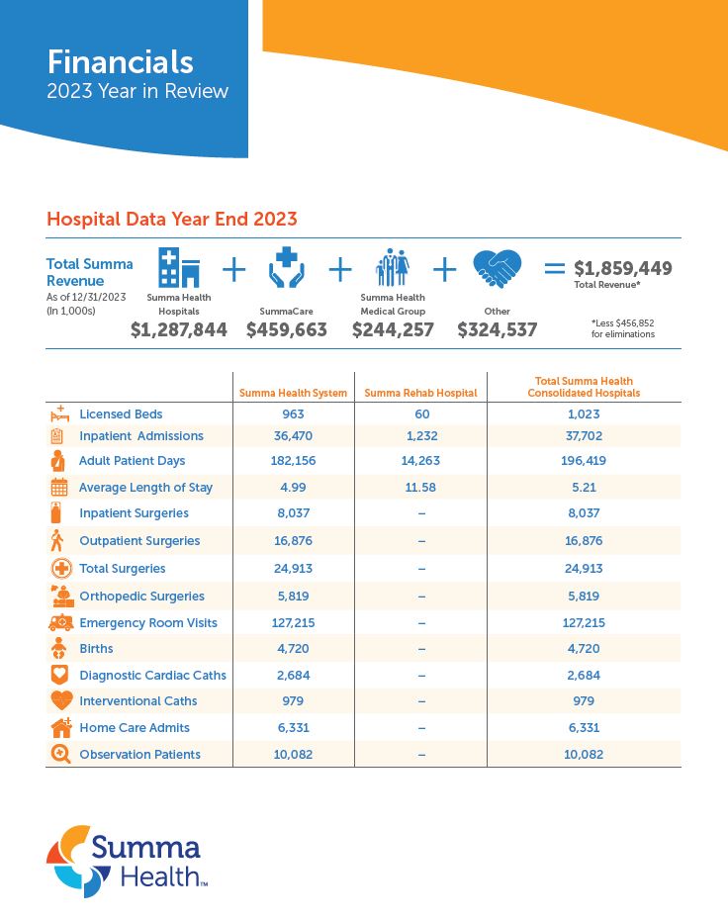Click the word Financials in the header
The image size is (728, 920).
[121, 61]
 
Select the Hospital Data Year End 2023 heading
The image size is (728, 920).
[172, 219]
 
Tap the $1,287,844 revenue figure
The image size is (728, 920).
[179, 330]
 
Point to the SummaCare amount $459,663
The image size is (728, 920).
[287, 330]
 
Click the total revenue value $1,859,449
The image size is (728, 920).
[623, 268]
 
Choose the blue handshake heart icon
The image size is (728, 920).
[497, 268]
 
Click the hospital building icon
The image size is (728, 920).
[179, 267]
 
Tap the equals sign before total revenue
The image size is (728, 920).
[555, 268]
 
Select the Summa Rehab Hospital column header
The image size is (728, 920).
[420, 393]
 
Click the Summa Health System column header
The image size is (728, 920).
[293, 393]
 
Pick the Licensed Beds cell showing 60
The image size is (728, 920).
[420, 414]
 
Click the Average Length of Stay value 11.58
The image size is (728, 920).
[420, 488]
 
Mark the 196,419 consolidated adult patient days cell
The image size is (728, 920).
[584, 461]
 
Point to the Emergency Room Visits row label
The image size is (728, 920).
[148, 623]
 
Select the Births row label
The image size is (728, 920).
[96, 649]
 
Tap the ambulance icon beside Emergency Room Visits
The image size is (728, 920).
[60, 623]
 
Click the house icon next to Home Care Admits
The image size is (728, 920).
[60, 728]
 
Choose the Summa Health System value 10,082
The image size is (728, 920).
[293, 755]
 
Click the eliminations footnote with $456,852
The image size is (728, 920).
[623, 328]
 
